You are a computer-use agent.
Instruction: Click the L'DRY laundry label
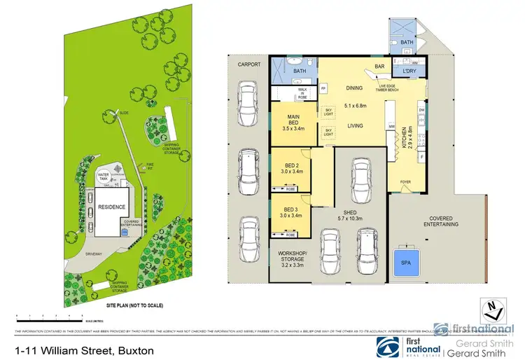(409, 71)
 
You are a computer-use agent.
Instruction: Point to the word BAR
(381, 67)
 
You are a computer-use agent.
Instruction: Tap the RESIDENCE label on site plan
(111, 207)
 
